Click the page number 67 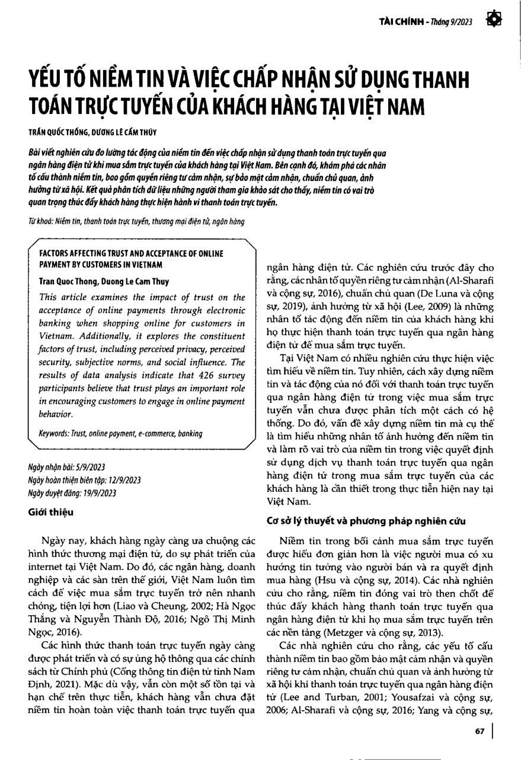480,732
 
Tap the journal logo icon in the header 494,20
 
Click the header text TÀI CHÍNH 401,22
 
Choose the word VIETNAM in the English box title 148,265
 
